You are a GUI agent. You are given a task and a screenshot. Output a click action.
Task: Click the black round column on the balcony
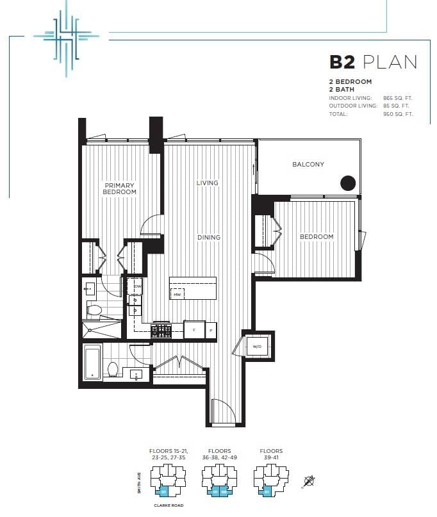(347, 183)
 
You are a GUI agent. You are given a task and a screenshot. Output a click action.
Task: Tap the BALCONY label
(308, 165)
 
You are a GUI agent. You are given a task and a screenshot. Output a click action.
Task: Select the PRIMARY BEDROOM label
(120, 188)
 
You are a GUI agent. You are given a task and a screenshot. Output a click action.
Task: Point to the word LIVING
(207, 183)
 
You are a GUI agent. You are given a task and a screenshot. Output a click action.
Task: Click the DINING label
(209, 238)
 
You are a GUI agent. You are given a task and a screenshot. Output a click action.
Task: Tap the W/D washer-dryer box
(256, 347)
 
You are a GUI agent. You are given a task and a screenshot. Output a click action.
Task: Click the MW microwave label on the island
(176, 294)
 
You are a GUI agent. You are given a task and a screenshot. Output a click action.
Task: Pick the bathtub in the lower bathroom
(92, 363)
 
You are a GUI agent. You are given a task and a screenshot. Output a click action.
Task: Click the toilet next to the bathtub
(113, 370)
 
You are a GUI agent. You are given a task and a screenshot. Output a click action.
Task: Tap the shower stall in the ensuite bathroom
(101, 329)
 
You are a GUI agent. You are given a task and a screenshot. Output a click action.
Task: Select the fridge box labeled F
(194, 330)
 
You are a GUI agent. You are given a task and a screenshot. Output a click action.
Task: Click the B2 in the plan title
(343, 62)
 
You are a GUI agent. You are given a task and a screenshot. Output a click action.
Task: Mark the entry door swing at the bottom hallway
(220, 411)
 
